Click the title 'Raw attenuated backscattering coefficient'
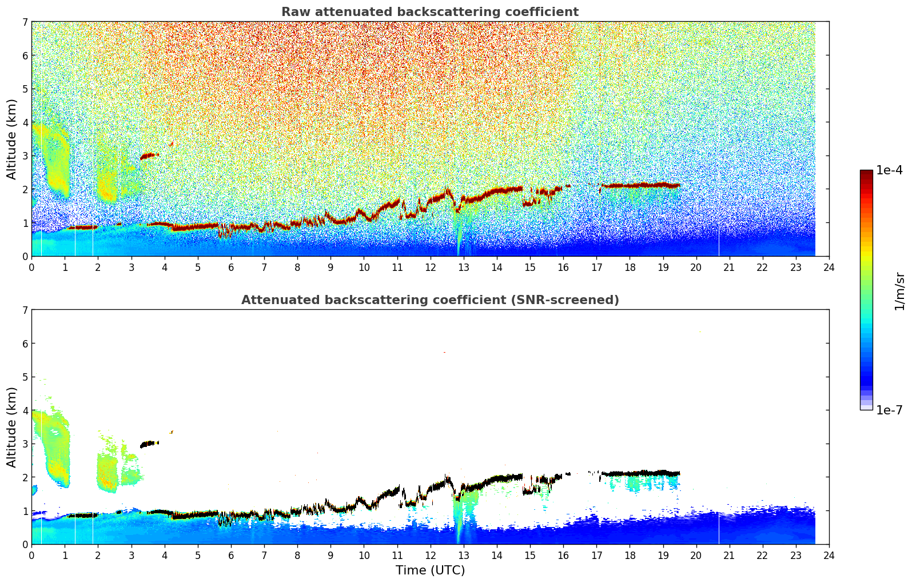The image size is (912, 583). coord(430,12)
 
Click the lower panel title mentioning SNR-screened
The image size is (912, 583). coord(430,300)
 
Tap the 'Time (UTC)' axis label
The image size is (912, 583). coord(430,570)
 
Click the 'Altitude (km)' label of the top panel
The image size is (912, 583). coord(11,139)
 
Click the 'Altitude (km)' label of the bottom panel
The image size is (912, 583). coord(11,428)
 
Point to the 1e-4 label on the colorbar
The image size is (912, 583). coord(889,170)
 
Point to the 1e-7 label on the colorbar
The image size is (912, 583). coord(889,410)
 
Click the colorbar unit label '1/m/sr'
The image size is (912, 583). coord(899,291)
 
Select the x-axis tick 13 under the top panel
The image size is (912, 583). coord(464,267)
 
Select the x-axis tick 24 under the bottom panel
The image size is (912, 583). coord(829,556)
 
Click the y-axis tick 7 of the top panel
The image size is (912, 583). coord(25,22)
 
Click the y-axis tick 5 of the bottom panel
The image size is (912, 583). coord(25,377)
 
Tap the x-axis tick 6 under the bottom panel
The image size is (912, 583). coord(231,556)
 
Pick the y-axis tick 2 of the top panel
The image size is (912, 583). coord(25,189)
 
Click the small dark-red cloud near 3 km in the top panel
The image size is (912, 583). coord(149,156)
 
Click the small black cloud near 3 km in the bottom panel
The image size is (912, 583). coord(149,444)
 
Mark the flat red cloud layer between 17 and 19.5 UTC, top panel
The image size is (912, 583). coord(640,186)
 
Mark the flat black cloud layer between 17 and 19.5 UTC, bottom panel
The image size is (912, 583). coord(640,473)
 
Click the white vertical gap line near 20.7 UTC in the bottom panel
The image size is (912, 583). coord(719,528)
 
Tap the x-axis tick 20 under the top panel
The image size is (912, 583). coord(696,267)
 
